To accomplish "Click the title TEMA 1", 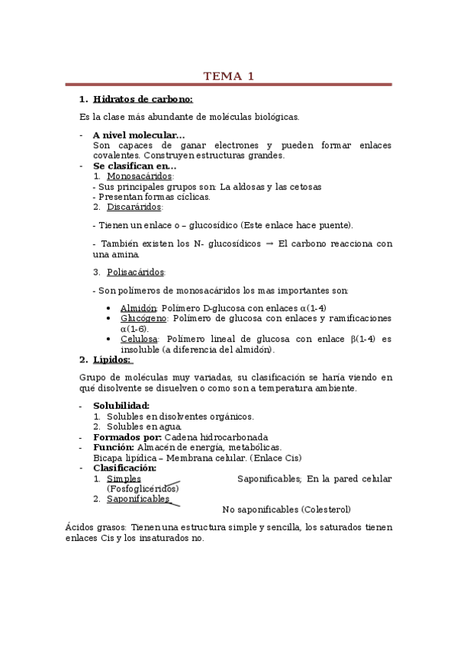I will coord(228,76).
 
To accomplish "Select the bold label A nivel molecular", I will coord(138,135).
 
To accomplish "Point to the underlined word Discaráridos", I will coord(134,207).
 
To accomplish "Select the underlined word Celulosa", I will coord(139,339).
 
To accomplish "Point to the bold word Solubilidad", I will coord(121,406).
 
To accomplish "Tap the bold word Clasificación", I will coord(124,468).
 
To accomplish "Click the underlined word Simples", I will coord(124,478).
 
